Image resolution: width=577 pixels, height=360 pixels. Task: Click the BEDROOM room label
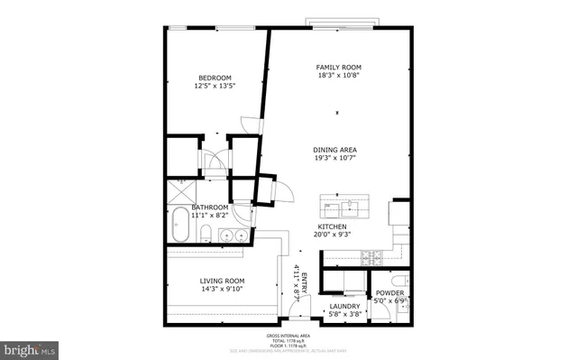[x=215, y=78]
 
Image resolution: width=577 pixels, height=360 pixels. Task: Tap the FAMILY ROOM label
[x=338, y=68]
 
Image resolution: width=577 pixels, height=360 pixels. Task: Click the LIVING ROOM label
[x=222, y=282]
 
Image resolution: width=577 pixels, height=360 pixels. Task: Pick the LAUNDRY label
[x=344, y=306]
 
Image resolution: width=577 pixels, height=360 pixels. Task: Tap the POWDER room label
[x=389, y=292]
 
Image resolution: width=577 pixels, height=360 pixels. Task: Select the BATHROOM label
[x=209, y=207]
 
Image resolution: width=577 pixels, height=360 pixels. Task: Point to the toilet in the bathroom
[x=206, y=235]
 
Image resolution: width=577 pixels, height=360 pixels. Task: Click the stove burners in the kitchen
[x=369, y=257]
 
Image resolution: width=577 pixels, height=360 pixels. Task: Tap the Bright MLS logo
[x=31, y=347]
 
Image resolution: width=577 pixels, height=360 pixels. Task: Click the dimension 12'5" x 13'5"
[x=215, y=87]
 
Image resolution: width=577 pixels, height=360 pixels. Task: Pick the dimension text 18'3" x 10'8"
[x=338, y=77]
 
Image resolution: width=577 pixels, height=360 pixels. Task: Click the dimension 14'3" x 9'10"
[x=222, y=291]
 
